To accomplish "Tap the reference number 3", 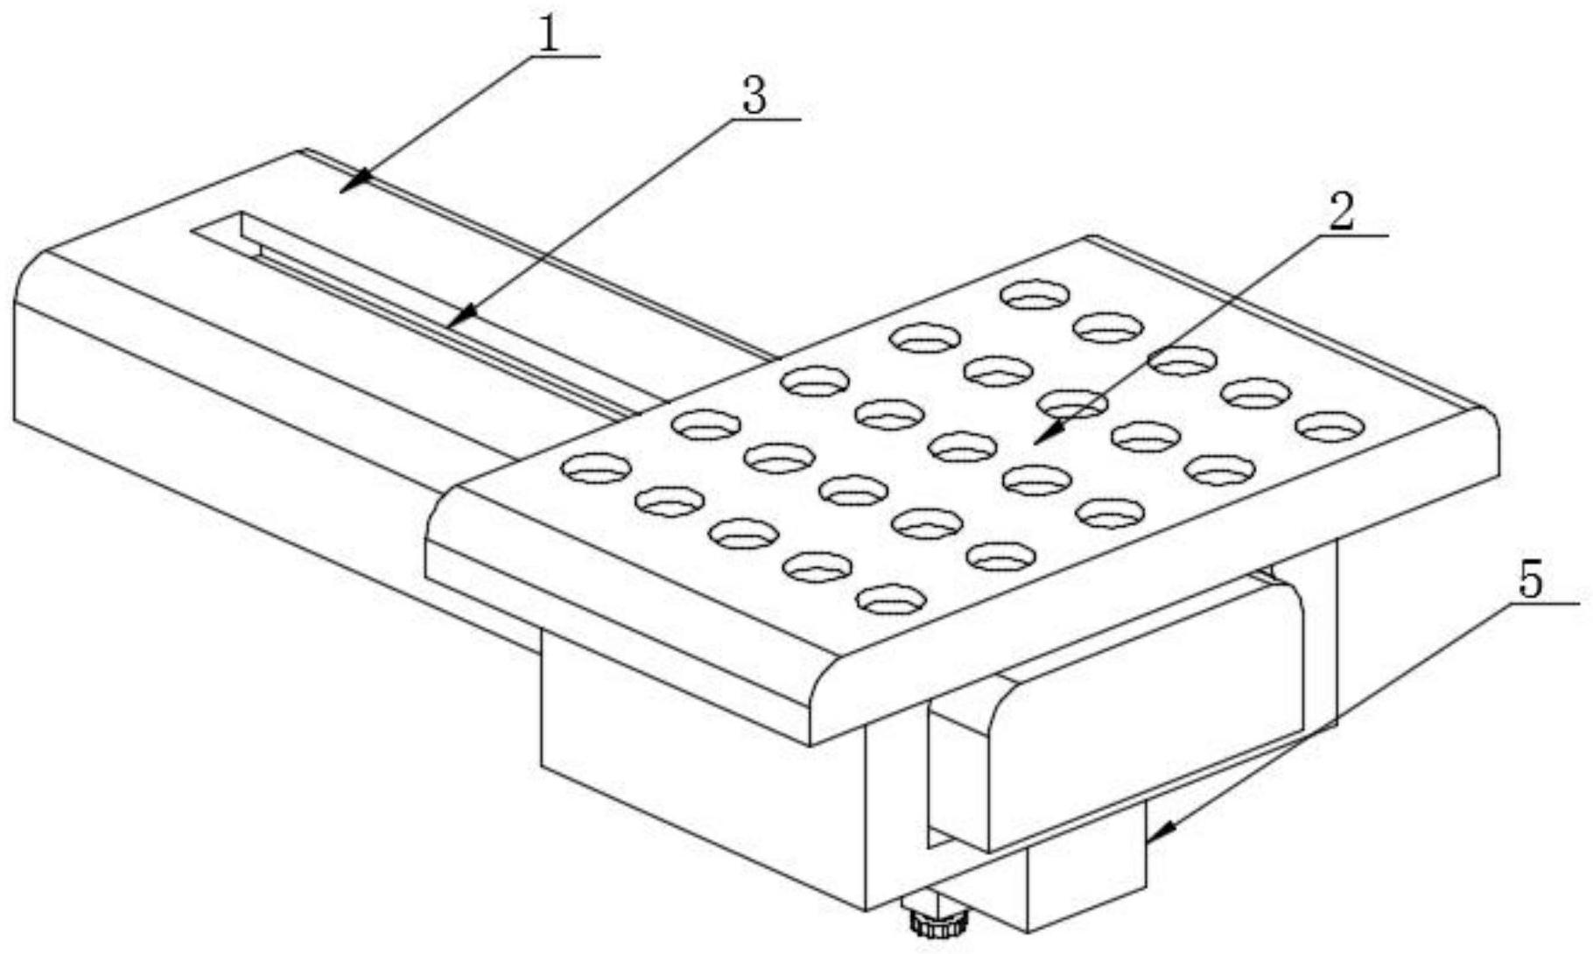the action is [754, 96].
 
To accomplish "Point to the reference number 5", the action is [1531, 580].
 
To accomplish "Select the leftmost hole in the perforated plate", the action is [597, 467].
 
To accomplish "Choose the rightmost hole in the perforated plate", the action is [1330, 426].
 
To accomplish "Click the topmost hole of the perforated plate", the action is [1035, 295].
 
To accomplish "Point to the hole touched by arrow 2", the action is [1073, 403].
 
